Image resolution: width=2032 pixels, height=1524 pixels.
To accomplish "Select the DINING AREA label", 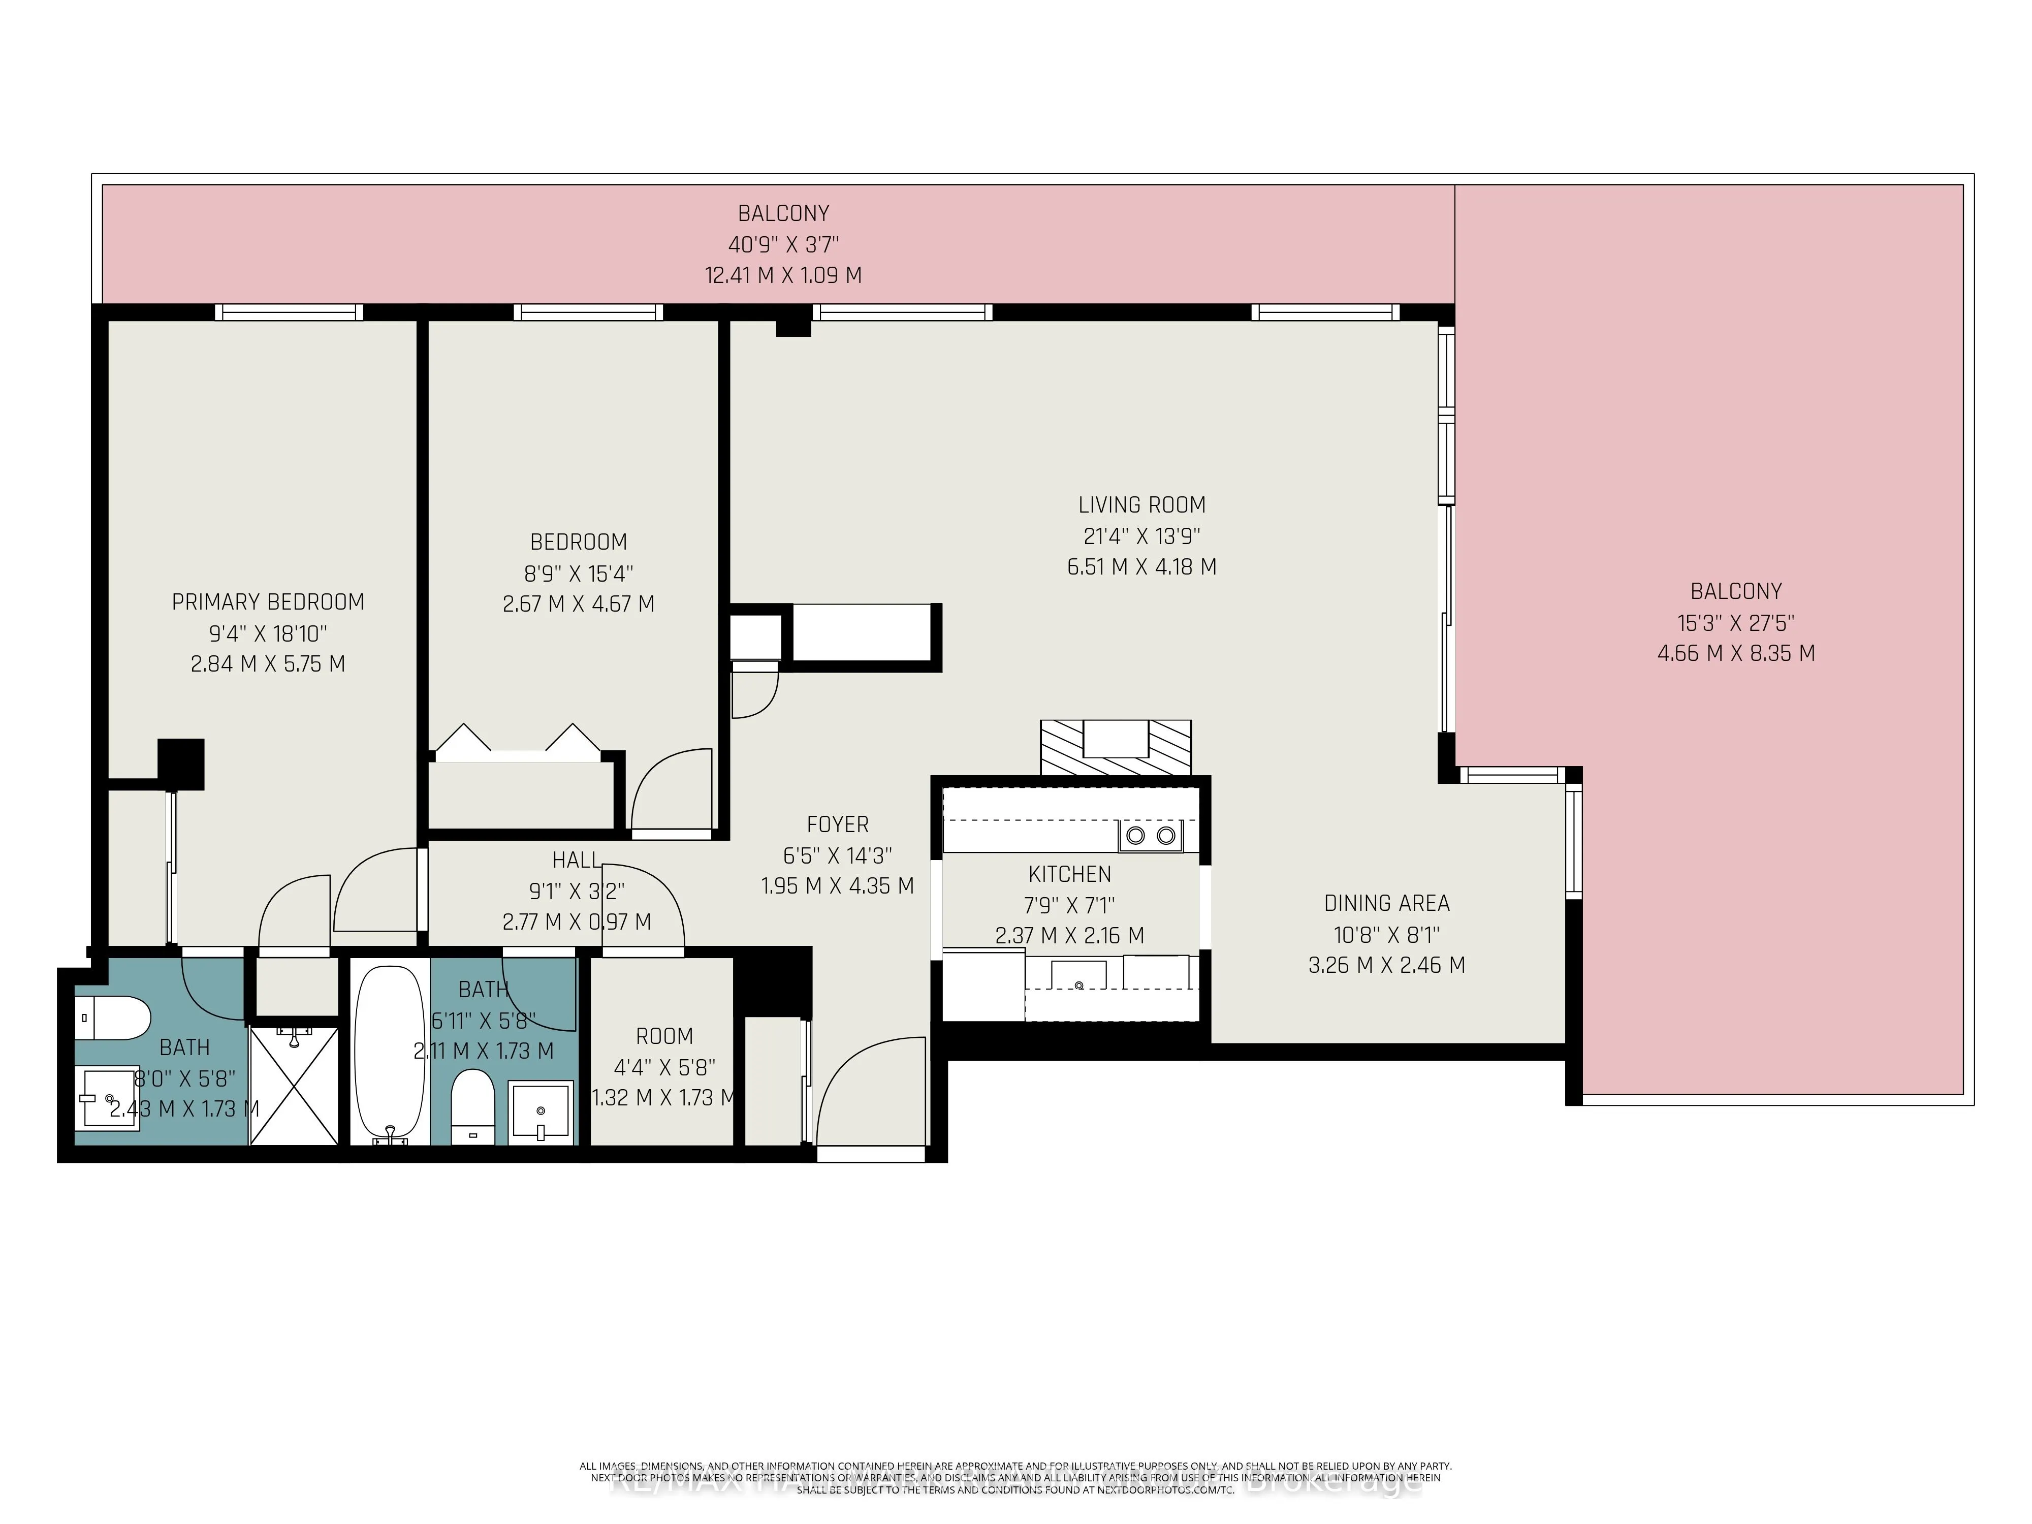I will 1386,903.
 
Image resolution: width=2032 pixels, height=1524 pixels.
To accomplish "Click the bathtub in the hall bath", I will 391,1050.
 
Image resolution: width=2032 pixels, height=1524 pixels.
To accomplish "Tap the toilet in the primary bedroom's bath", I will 113,1018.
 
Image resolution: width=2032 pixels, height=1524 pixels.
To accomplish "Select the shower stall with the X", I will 294,1086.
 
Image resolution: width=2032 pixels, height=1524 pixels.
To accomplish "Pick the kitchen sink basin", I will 1078,974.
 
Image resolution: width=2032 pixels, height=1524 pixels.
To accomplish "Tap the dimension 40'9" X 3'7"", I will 783,244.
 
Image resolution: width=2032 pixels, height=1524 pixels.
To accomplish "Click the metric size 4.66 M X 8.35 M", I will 1735,653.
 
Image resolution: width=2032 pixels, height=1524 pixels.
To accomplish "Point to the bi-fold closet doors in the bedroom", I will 519,741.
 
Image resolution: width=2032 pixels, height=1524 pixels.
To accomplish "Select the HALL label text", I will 576,860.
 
